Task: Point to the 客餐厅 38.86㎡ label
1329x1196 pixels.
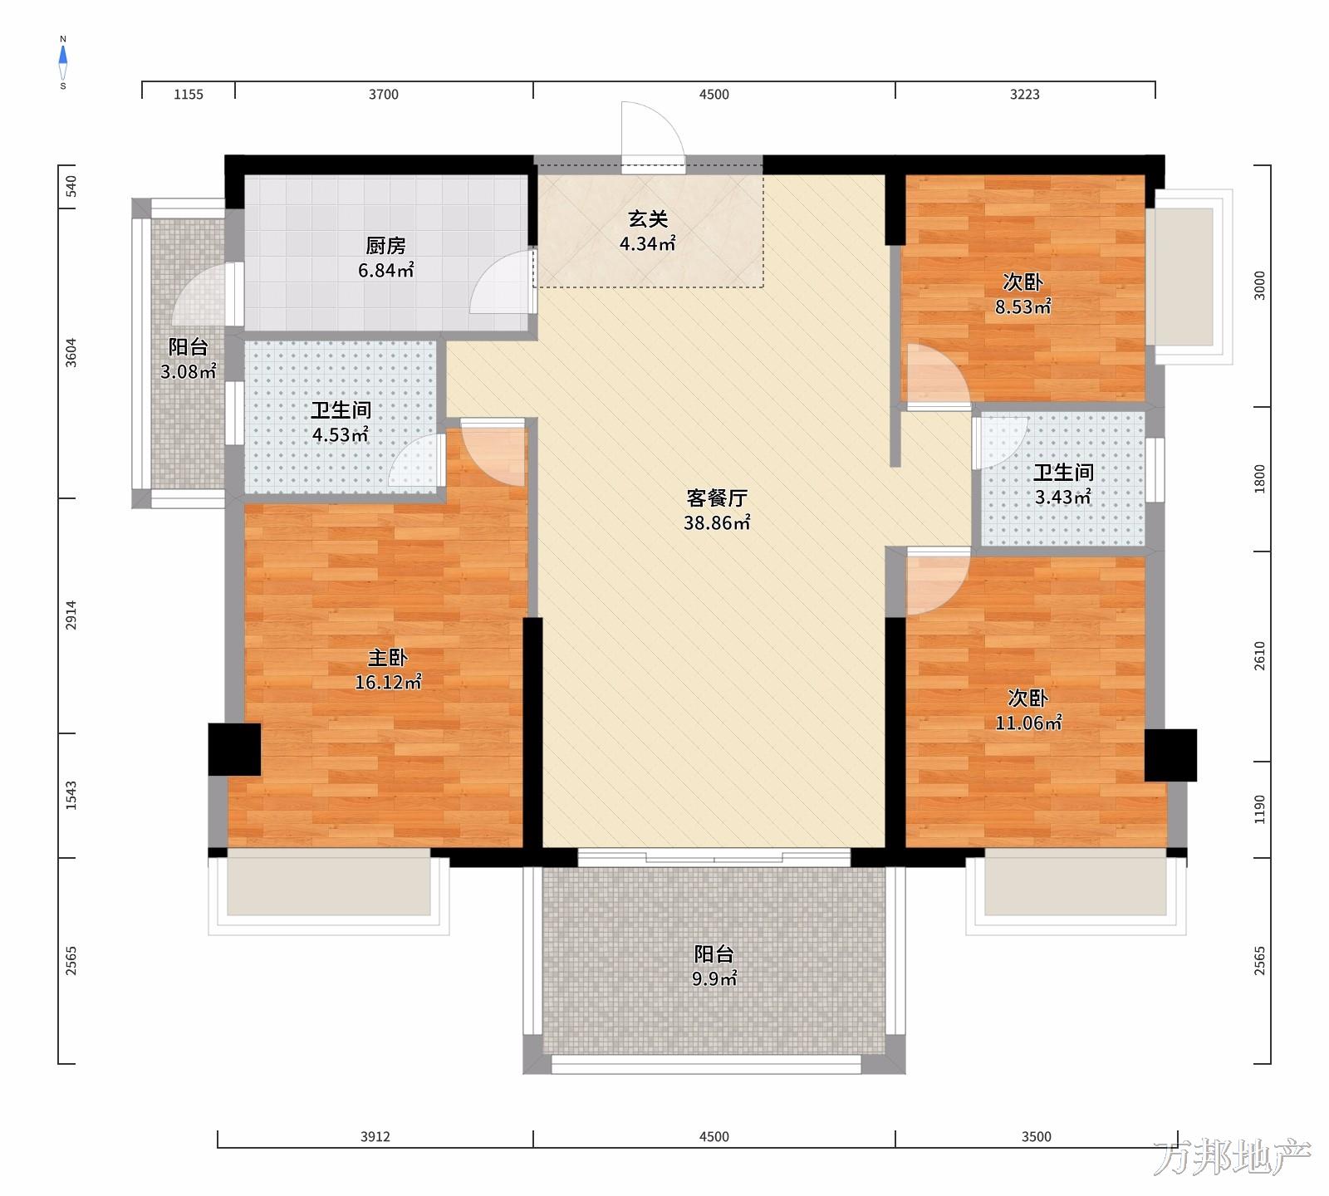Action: pos(717,510)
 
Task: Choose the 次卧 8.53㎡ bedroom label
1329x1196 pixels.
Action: pos(1023,294)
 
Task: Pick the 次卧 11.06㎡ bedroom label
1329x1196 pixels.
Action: pos(1028,710)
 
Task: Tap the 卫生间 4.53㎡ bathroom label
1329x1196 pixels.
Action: pos(341,422)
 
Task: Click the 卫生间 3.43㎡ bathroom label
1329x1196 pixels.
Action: pos(1062,485)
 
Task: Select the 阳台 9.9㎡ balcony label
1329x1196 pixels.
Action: pos(714,966)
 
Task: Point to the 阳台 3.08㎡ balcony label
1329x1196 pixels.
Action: pos(189,359)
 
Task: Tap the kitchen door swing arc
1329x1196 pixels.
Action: pos(501,282)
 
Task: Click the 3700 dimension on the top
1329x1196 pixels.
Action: pos(384,95)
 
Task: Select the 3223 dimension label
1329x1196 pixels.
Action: pos(1025,95)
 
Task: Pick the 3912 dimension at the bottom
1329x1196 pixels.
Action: pos(375,1137)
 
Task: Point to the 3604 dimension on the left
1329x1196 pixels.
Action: pos(71,353)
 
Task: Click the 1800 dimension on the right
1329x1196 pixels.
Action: pos(1259,479)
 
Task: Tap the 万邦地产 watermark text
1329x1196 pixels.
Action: pos(1233,1158)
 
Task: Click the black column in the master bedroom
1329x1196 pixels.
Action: pos(234,750)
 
